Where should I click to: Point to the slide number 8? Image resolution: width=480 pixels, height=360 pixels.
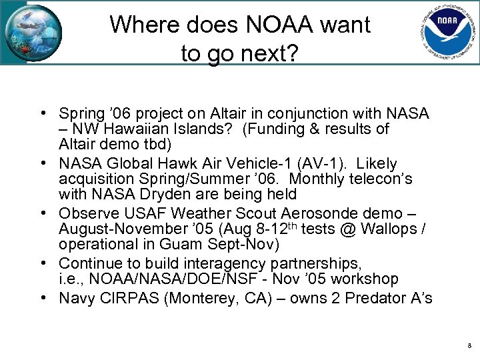(469, 346)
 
